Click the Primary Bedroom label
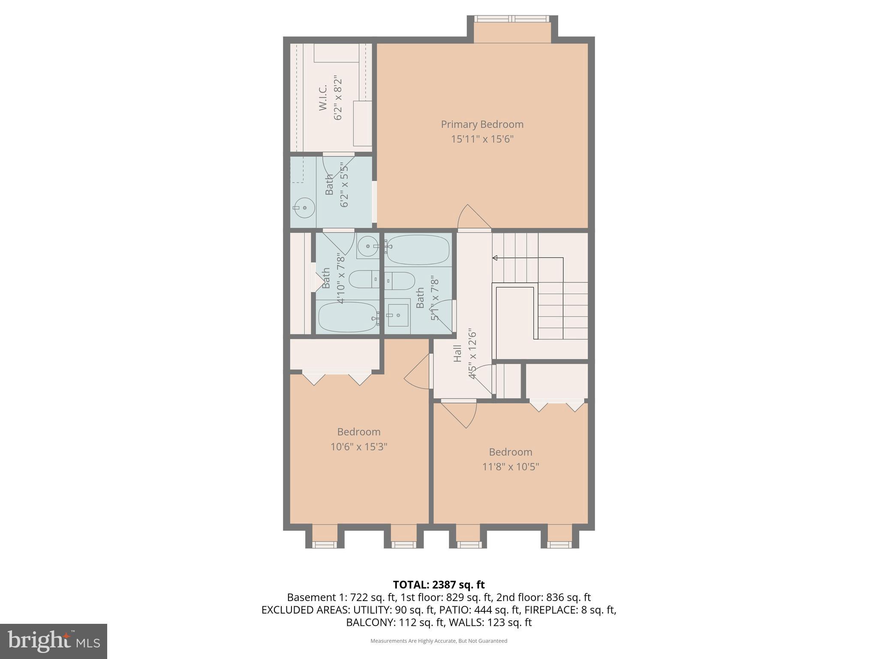(x=482, y=124)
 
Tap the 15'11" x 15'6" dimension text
(x=482, y=139)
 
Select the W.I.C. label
(x=323, y=98)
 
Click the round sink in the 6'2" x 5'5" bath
(x=304, y=208)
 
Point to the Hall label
(x=457, y=353)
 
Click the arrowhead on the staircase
(x=495, y=258)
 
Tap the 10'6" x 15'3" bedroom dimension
(x=358, y=447)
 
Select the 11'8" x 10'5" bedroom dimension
(x=510, y=466)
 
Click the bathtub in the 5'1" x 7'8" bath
(x=417, y=249)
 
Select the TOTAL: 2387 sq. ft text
(x=439, y=584)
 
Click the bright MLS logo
(x=53, y=641)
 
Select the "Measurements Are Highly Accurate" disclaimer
(x=439, y=641)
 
